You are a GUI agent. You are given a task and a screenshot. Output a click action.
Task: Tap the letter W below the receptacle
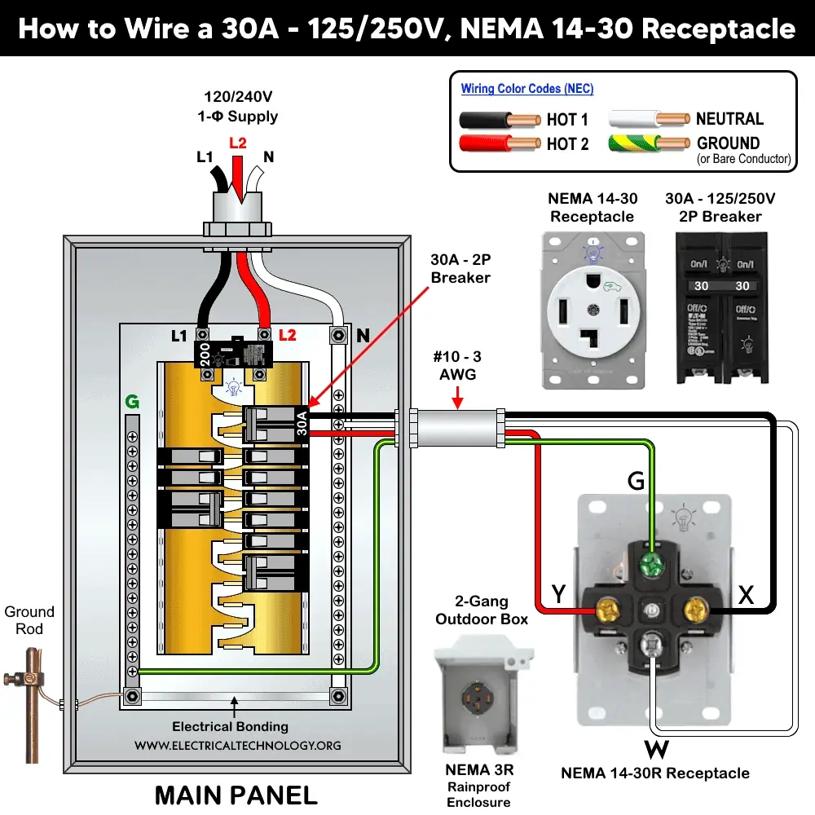[x=656, y=747]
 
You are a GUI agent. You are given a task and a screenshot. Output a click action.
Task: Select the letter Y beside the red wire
[x=558, y=595]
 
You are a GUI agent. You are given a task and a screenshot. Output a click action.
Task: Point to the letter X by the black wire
[x=745, y=595]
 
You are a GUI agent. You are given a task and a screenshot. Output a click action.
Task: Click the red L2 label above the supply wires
[x=237, y=143]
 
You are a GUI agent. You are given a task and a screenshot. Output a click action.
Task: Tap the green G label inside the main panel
[x=131, y=401]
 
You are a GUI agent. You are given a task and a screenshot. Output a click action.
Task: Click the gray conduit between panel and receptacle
[x=456, y=429]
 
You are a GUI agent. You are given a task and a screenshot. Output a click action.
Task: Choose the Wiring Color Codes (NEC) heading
[x=527, y=89]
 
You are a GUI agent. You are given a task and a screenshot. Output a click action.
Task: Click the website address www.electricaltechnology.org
[x=238, y=745]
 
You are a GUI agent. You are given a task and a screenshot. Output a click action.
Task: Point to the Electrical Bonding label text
[x=230, y=726]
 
